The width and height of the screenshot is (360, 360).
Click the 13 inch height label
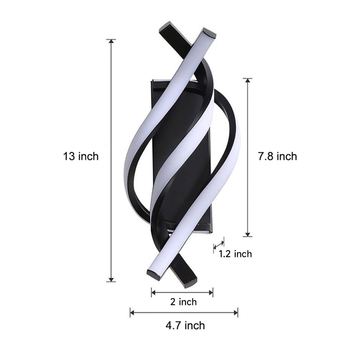(x=81, y=156)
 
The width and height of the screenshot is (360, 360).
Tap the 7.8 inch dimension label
(x=277, y=156)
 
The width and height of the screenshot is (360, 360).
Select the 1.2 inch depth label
(x=235, y=254)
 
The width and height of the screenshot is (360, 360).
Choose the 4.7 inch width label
(x=185, y=325)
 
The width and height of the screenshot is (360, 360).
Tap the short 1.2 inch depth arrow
(x=219, y=245)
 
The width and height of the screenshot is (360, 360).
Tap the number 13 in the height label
(x=69, y=156)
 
